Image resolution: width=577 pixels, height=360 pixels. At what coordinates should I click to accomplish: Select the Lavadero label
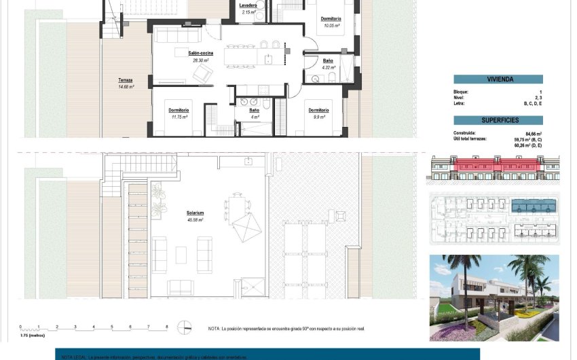tap(248, 5)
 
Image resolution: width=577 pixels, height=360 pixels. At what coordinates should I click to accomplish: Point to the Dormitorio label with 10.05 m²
tap(331, 19)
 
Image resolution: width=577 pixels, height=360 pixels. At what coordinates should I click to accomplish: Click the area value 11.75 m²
tap(179, 117)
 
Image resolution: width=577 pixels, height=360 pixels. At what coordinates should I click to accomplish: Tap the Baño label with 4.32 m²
tap(328, 60)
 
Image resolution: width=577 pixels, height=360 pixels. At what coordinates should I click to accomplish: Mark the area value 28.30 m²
tap(200, 60)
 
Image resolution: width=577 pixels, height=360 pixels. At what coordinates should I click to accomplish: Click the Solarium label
tap(196, 213)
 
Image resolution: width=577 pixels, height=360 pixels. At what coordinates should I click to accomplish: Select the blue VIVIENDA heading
tap(500, 79)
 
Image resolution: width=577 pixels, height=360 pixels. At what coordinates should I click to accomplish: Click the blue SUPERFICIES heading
tap(500, 120)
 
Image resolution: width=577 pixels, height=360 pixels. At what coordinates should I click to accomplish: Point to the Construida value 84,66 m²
tap(534, 134)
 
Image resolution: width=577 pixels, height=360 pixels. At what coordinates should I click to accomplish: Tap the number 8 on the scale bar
tap(166, 327)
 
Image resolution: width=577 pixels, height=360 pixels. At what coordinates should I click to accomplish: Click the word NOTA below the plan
tap(215, 329)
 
